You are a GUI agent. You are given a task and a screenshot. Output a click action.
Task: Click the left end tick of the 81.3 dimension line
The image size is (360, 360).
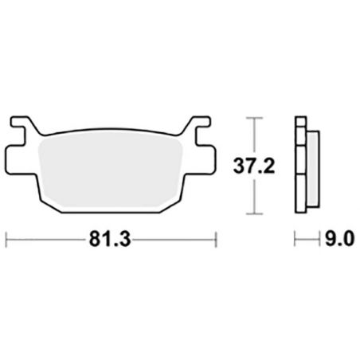7,237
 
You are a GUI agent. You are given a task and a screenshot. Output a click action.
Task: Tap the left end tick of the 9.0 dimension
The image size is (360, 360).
295,237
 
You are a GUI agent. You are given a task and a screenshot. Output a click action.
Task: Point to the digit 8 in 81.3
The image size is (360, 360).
101,237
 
